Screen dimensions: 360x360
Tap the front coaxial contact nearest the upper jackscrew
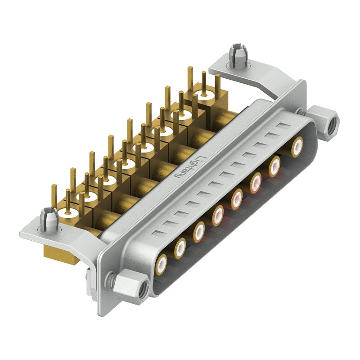297,146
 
